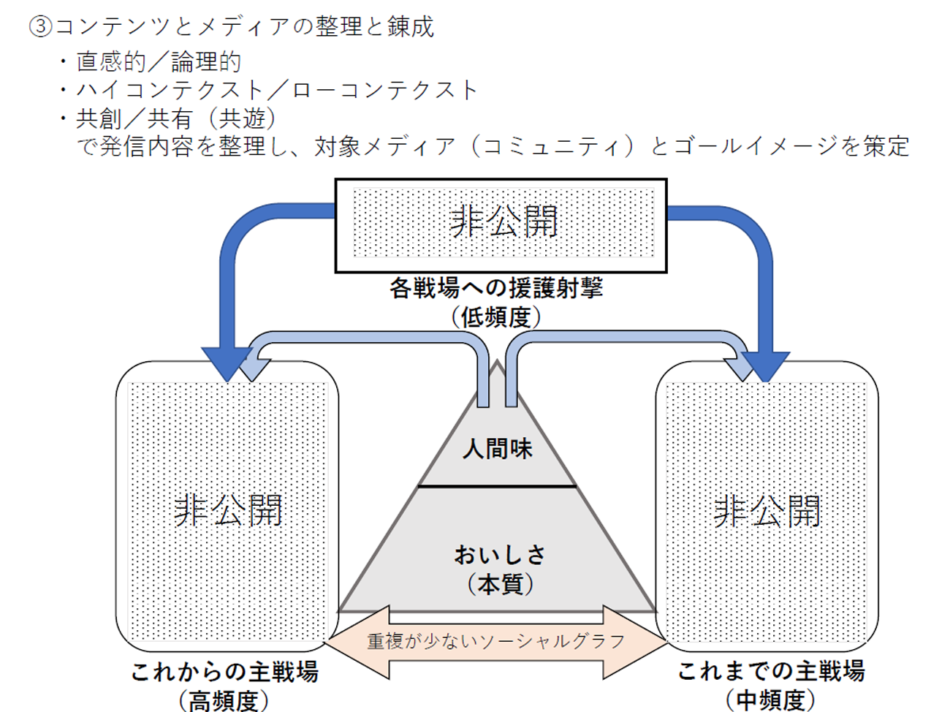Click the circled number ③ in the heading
coord(41,27)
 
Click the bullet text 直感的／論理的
coord(159,61)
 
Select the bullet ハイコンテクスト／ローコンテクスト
coord(277,90)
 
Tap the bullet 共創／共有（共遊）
coord(176,118)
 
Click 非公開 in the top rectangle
coord(503,221)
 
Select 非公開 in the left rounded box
coord(228,510)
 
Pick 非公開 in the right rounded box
coord(767,510)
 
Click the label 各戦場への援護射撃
coord(496,289)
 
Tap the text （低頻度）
coord(496,317)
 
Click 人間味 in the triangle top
coord(498,448)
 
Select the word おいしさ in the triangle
coord(500,555)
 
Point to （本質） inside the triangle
coord(500,584)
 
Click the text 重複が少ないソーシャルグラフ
coord(496,642)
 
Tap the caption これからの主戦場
coord(224,672)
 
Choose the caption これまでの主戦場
coord(771,671)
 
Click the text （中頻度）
coord(771,700)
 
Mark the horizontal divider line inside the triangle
coord(497,485)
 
